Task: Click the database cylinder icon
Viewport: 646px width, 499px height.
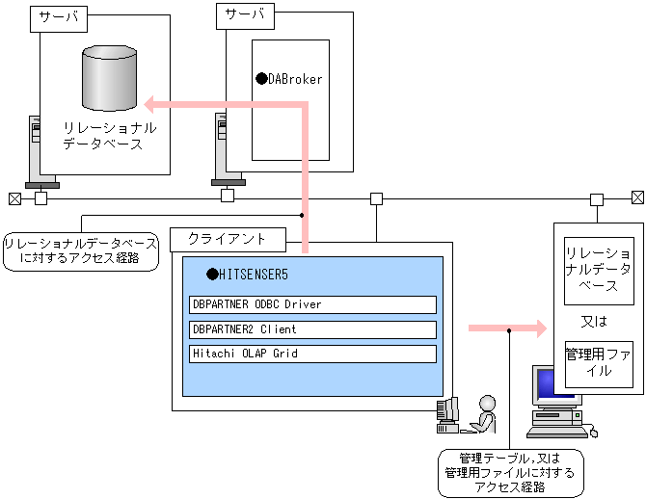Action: click(105, 78)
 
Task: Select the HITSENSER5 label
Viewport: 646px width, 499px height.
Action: click(254, 275)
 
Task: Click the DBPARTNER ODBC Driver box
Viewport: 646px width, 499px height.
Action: click(312, 304)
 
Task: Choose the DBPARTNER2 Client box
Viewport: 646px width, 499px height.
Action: click(312, 329)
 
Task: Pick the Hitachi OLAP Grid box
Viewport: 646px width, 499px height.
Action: click(312, 354)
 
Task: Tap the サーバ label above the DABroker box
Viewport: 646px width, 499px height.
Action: click(245, 14)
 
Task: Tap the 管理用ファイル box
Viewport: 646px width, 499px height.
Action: click(599, 362)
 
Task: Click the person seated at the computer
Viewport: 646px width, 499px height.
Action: click(482, 415)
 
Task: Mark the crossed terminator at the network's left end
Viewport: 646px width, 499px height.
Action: click(13, 198)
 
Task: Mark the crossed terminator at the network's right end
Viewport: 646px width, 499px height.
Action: click(637, 198)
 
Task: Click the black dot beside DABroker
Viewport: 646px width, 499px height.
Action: click(260, 79)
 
